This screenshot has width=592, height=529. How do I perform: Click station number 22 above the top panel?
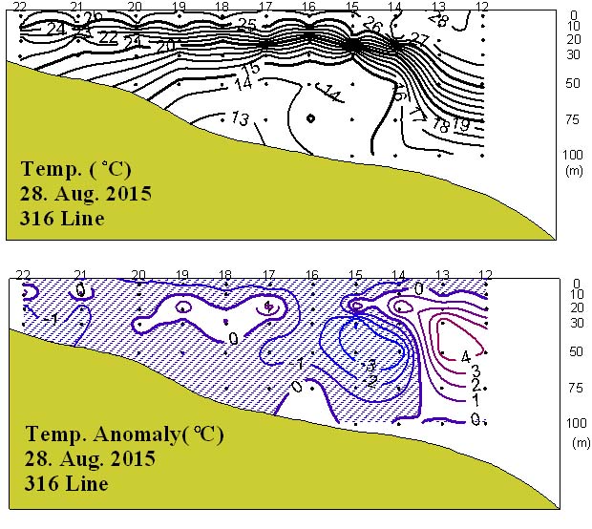pos(21,7)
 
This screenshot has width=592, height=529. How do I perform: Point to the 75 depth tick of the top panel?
pos(573,118)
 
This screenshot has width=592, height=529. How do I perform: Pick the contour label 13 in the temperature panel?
pos(240,118)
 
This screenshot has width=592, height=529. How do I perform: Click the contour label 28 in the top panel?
pos(438,18)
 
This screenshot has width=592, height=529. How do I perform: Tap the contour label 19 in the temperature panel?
pos(460,125)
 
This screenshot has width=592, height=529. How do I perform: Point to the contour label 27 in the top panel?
pos(418,40)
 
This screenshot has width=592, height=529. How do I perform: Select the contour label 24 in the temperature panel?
pos(55,29)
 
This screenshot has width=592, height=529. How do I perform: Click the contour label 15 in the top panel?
pos(251,69)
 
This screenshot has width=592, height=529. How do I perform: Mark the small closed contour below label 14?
pos(310,118)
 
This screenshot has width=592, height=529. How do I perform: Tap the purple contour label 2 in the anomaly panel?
pos(475,384)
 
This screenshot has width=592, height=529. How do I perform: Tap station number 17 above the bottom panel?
pos(268,275)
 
